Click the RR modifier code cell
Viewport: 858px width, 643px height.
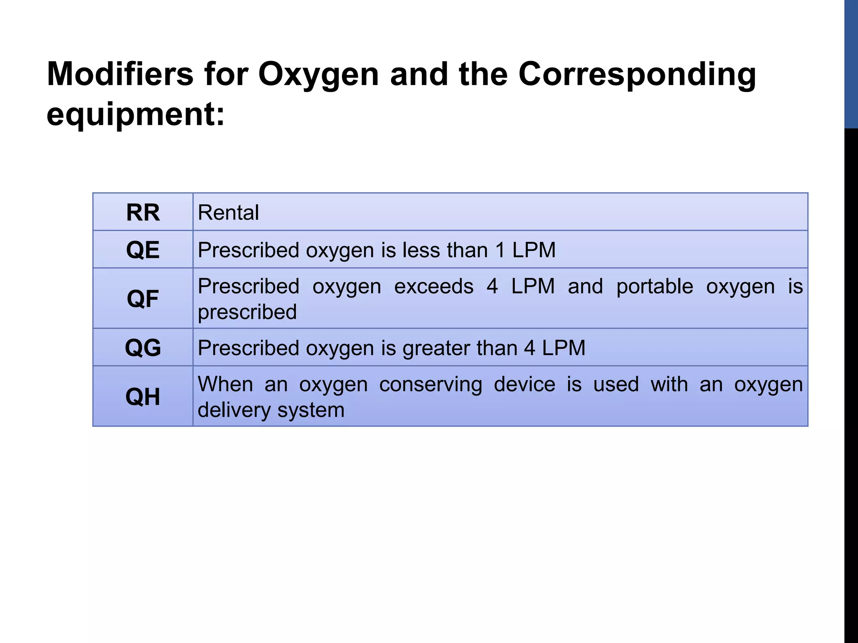click(x=143, y=213)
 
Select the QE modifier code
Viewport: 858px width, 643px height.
click(x=143, y=250)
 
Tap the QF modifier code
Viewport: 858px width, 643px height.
click(x=143, y=299)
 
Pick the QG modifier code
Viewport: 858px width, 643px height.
click(x=143, y=348)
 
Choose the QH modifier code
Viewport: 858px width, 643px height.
click(x=143, y=396)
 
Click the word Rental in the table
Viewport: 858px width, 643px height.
click(x=228, y=213)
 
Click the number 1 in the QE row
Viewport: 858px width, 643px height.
click(x=500, y=250)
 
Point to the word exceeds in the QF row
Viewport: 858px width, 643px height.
click(x=434, y=287)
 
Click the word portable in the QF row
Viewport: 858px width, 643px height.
click(x=654, y=287)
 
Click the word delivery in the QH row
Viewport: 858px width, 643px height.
click(x=234, y=410)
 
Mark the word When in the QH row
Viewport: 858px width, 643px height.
click(x=225, y=384)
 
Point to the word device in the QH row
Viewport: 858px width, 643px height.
click(x=525, y=384)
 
